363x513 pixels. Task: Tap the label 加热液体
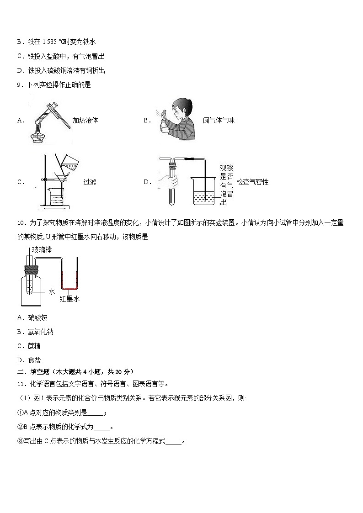point(85,121)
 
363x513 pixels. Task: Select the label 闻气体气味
point(219,121)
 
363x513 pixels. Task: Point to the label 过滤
point(90,182)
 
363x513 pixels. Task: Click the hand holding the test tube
point(167,182)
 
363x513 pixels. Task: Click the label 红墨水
point(69,299)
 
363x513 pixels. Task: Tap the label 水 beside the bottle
point(52,291)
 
